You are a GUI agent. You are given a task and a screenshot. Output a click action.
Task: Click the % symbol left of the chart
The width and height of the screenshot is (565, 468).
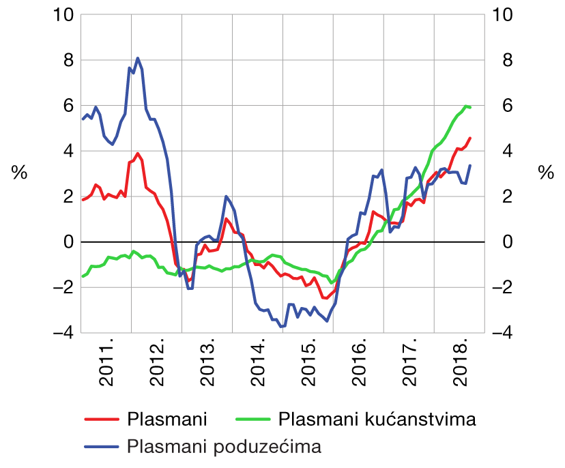click(x=19, y=173)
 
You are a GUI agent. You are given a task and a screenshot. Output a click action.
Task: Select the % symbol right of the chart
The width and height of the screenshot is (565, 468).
click(x=546, y=173)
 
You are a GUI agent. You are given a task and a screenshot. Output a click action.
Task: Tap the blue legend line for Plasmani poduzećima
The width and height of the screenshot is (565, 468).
click(x=102, y=447)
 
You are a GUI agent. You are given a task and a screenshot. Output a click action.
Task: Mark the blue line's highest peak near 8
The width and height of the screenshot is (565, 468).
click(x=137, y=58)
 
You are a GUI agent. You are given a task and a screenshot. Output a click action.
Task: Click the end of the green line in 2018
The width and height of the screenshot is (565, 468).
click(x=470, y=107)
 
